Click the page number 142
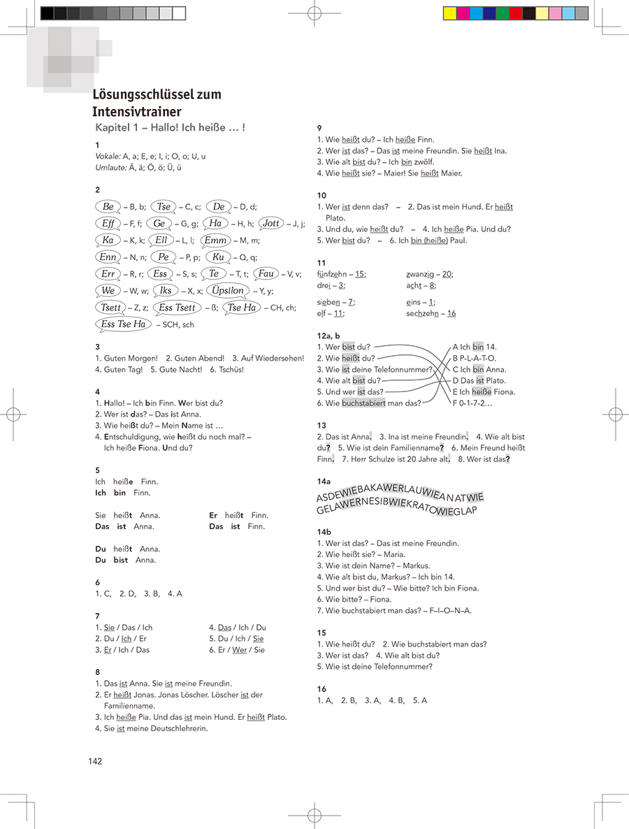[x=95, y=761]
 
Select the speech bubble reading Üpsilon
[x=228, y=291]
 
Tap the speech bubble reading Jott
[x=270, y=224]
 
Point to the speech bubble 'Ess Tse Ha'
[x=123, y=324]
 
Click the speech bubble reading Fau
[x=266, y=274]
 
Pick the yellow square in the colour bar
[x=450, y=13]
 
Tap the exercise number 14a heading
[x=324, y=482]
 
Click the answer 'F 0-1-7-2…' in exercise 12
[x=472, y=403]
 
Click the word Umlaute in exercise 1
[x=110, y=168]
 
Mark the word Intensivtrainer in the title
[x=137, y=112]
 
